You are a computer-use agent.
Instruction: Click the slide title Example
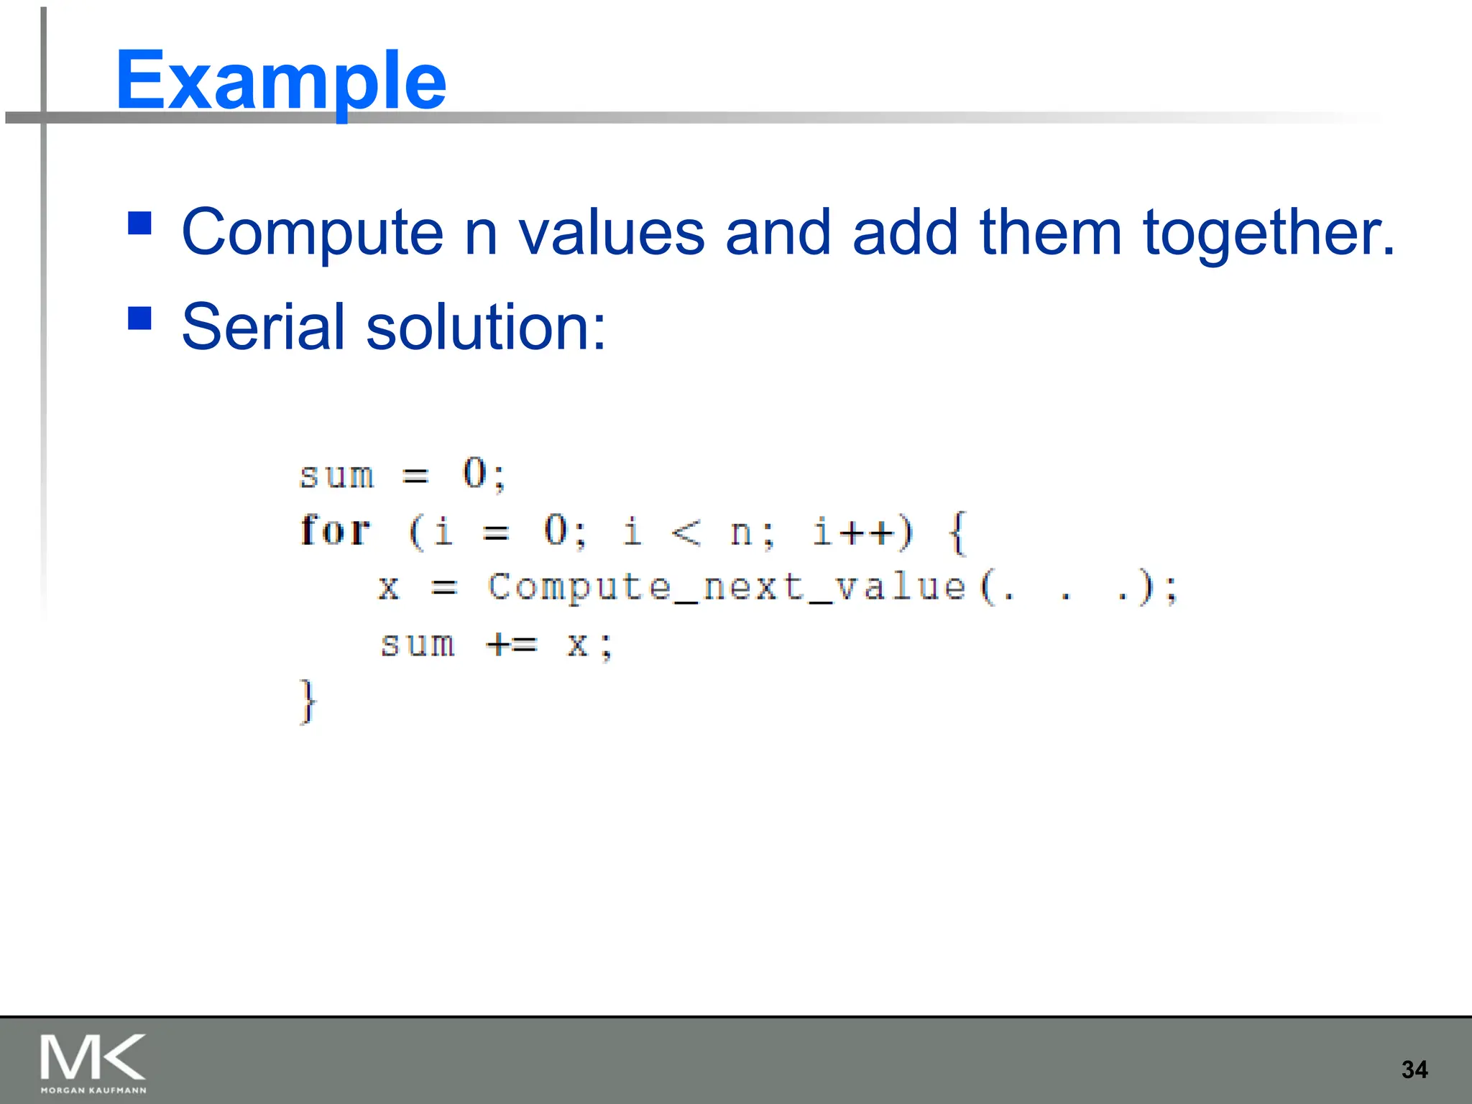tap(280, 80)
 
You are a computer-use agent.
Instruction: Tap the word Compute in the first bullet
tap(312, 233)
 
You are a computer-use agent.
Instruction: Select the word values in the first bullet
tap(612, 233)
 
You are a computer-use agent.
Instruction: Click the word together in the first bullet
tap(1268, 234)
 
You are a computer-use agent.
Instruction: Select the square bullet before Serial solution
tap(139, 318)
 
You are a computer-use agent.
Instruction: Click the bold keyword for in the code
tap(335, 531)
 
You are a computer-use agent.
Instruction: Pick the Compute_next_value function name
tap(726, 587)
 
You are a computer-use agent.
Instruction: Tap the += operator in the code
tap(511, 644)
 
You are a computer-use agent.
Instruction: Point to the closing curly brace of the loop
tap(308, 701)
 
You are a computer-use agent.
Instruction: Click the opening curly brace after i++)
tap(958, 533)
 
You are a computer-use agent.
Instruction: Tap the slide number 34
tap(1414, 1069)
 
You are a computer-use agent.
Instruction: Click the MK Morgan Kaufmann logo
tap(93, 1062)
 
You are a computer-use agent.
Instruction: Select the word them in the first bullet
tap(1050, 233)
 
